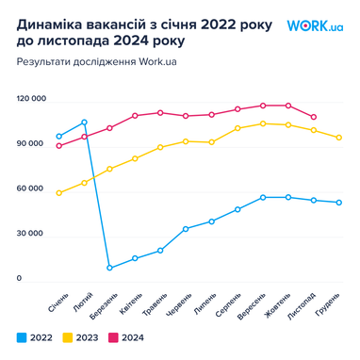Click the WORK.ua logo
point(315,25)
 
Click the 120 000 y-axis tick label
point(31,98)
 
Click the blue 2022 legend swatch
point(21,336)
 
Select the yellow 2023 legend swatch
point(68,336)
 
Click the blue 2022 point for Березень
point(109,268)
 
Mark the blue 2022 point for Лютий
point(84,123)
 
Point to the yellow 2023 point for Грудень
point(338,138)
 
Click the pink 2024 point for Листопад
point(313,117)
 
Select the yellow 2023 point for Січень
point(58,193)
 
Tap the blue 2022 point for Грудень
point(338,203)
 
